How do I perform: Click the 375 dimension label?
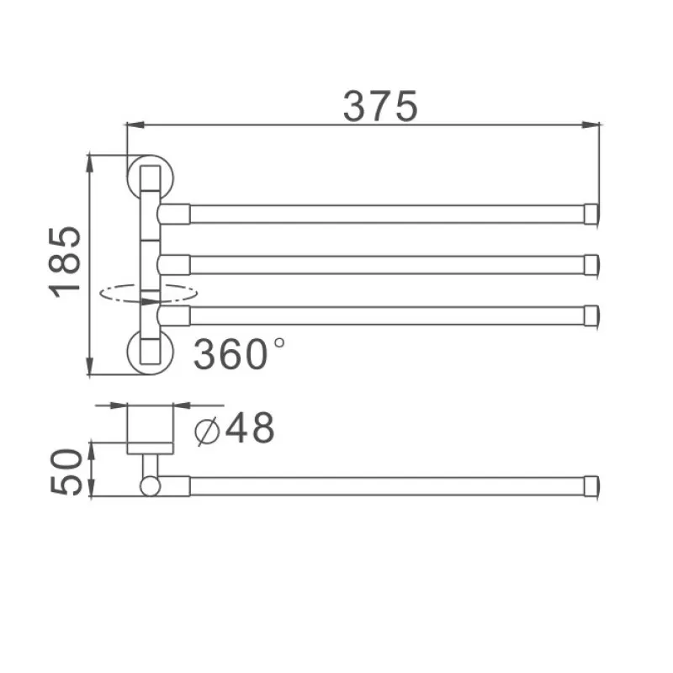(380, 107)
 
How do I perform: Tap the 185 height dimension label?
(66, 262)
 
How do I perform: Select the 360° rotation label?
(239, 354)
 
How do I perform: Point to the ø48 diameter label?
(235, 429)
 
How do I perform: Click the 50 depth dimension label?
(66, 472)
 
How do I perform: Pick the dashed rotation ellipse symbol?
(148, 294)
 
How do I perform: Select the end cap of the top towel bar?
(593, 214)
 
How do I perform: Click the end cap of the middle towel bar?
(593, 264)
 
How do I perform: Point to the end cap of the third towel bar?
(593, 315)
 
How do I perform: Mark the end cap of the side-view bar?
(593, 486)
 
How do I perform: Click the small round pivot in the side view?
(149, 486)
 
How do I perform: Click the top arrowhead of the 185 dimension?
(89, 160)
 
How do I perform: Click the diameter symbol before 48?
(207, 431)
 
